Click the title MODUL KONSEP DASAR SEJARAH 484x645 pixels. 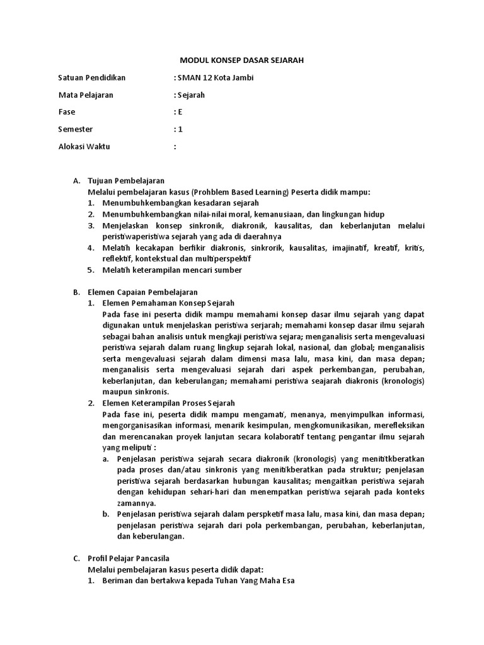243,60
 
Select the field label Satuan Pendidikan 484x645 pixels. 92,78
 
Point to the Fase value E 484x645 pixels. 180,112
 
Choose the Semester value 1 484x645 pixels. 180,129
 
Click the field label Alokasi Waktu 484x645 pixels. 84,146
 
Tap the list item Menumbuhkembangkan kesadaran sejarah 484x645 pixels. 181,203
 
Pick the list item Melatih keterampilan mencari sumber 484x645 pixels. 172,270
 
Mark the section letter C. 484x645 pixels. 76,559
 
